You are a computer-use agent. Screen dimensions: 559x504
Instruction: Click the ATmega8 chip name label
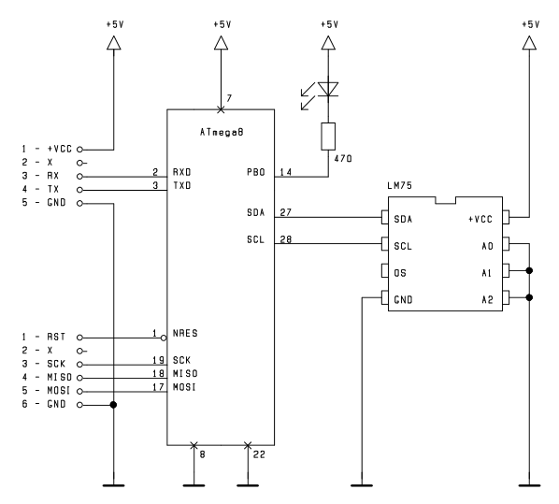(x=222, y=133)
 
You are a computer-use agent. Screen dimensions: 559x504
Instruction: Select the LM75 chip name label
(x=400, y=185)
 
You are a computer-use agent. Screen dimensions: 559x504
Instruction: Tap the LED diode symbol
(x=328, y=89)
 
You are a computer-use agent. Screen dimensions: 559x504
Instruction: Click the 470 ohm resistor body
(x=328, y=137)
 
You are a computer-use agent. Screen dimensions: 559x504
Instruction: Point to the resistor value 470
(x=343, y=159)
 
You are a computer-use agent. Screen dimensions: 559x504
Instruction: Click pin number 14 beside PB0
(x=286, y=172)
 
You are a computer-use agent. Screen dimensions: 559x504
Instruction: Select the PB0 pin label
(x=256, y=172)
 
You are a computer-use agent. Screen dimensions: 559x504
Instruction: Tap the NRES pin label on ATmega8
(x=185, y=333)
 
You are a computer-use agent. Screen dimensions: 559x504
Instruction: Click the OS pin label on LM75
(x=400, y=273)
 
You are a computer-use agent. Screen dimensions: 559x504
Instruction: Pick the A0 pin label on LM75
(x=487, y=246)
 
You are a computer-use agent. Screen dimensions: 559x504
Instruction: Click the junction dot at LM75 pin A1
(x=529, y=271)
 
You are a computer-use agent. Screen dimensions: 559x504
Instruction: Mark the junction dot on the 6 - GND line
(x=113, y=405)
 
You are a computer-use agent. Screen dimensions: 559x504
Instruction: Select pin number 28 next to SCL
(x=286, y=239)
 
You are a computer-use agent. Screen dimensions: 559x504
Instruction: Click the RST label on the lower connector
(x=56, y=337)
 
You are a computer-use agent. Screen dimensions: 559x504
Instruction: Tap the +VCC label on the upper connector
(x=60, y=149)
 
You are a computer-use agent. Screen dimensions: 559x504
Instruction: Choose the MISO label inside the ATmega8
(x=185, y=373)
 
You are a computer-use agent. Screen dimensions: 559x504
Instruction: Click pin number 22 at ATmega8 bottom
(x=259, y=454)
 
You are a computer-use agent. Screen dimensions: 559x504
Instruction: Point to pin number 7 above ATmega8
(x=229, y=98)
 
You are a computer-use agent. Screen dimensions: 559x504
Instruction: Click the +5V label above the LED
(x=329, y=24)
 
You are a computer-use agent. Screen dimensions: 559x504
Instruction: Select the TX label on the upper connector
(x=53, y=190)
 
